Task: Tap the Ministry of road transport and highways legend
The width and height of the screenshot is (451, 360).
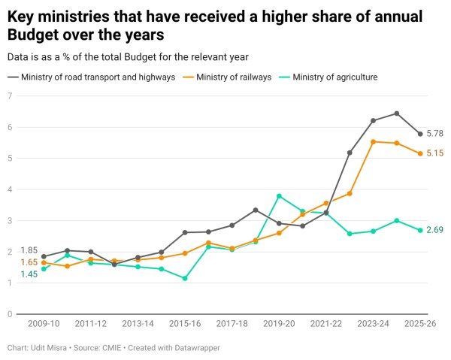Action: pos(98,77)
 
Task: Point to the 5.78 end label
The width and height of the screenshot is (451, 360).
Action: pos(435,134)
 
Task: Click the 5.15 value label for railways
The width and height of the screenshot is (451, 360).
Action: pos(435,153)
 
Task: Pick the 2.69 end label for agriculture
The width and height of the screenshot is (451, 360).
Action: pos(435,230)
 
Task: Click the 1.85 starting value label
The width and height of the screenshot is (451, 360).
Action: pos(29,250)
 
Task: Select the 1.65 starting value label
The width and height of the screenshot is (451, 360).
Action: pos(29,262)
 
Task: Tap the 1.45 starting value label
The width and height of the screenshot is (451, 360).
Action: pos(29,274)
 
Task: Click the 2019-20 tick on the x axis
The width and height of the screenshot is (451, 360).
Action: pos(279,323)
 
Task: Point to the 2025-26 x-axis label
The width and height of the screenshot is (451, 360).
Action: pos(420,323)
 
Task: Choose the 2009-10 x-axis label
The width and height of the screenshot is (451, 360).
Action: pos(44,323)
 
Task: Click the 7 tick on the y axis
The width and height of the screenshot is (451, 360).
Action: pos(10,95)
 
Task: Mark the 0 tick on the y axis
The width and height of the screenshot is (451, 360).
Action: pos(10,314)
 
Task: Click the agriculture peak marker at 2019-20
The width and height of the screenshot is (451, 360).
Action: pos(279,196)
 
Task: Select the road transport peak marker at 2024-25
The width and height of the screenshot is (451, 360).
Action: pos(397,113)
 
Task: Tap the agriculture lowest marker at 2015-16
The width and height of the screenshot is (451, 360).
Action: pos(185,279)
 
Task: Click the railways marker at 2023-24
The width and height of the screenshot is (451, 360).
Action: pos(374,141)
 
